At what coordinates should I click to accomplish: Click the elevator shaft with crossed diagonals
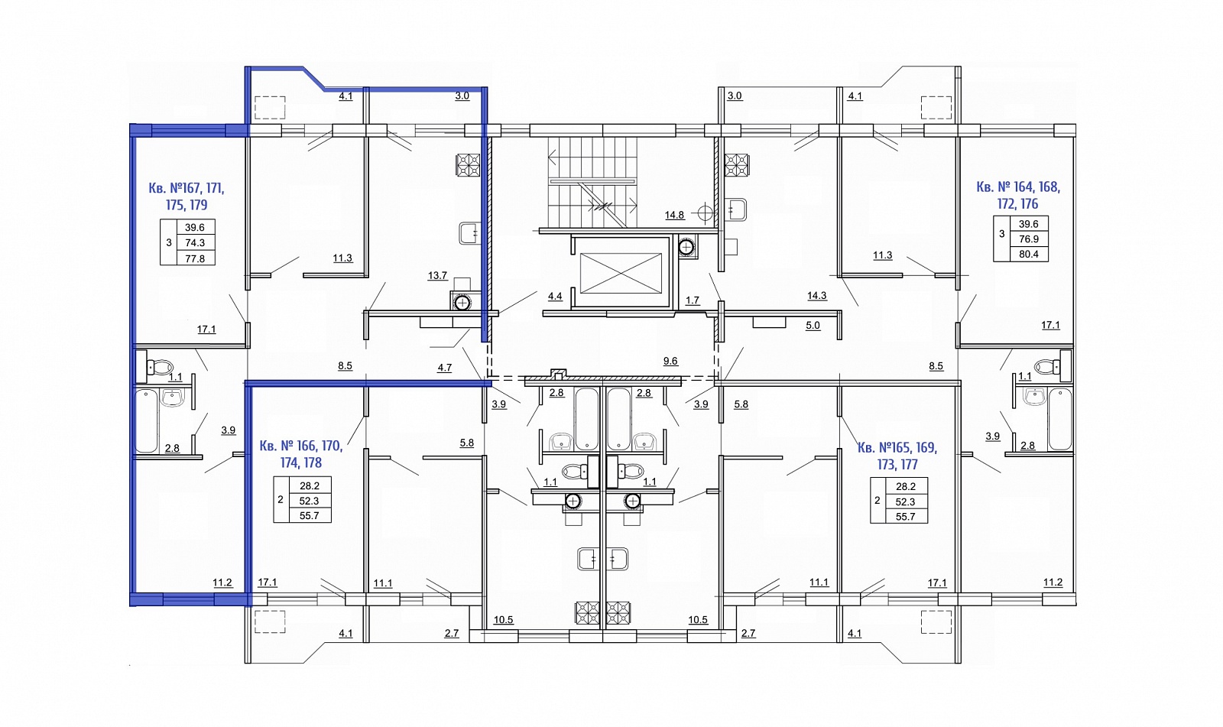click(x=621, y=273)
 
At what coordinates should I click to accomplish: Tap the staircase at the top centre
click(x=593, y=183)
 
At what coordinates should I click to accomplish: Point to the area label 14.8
click(x=674, y=216)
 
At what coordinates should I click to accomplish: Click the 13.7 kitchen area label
click(x=437, y=276)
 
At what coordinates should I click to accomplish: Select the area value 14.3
click(x=817, y=296)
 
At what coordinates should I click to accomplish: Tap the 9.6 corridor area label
click(x=670, y=361)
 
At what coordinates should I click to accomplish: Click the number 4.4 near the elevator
click(x=555, y=297)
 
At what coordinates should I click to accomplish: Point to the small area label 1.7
click(x=693, y=300)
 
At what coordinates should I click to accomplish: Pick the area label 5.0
click(x=813, y=326)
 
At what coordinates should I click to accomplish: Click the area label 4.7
click(x=444, y=368)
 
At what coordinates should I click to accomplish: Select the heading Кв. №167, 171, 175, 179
click(x=187, y=196)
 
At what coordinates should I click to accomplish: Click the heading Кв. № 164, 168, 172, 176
click(x=1018, y=196)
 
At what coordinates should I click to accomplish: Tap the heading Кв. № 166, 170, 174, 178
click(x=301, y=454)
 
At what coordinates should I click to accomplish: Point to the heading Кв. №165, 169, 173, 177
click(x=897, y=456)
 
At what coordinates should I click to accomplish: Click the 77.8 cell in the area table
click(x=195, y=258)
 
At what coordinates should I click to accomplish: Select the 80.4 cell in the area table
click(x=1029, y=254)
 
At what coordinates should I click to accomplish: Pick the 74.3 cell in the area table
click(x=195, y=242)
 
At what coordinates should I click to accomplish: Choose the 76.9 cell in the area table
click(x=1029, y=239)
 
